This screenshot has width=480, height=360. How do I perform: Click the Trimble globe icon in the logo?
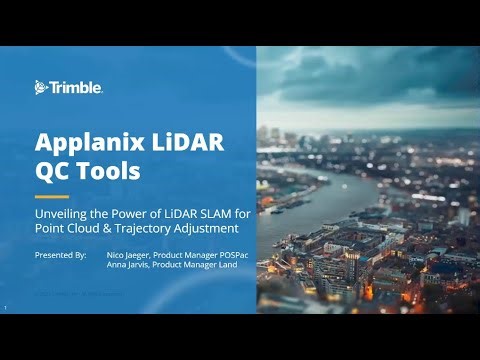[x=42, y=87]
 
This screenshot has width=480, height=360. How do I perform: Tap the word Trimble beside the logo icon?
[x=76, y=87]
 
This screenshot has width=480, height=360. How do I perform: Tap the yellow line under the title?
[x=51, y=196]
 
